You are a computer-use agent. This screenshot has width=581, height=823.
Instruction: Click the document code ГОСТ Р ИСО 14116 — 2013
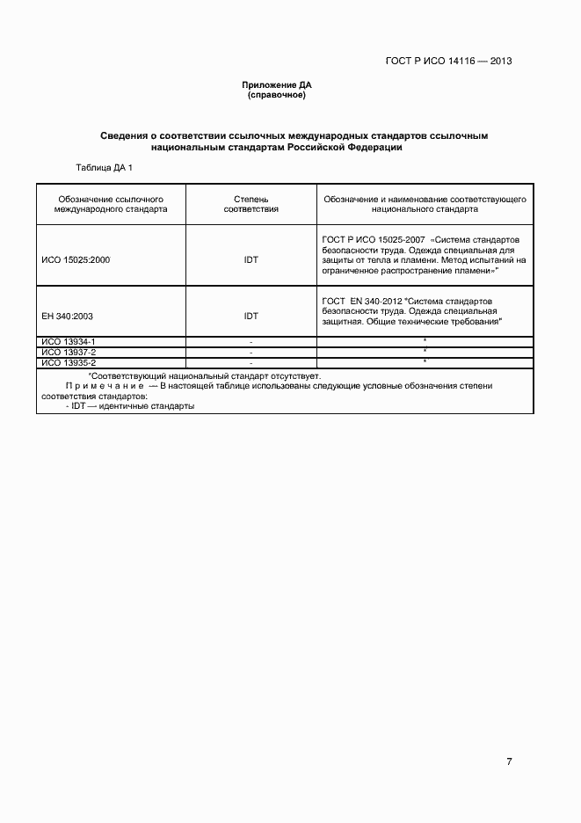tap(448, 62)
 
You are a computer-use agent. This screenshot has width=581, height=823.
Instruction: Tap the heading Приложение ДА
tap(277, 85)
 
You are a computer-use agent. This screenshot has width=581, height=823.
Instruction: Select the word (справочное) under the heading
tap(277, 95)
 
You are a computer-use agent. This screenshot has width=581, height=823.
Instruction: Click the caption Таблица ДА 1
tap(105, 167)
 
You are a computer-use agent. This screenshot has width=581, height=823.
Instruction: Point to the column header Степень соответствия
tap(251, 205)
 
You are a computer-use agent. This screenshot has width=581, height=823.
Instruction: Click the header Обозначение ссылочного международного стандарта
tap(110, 205)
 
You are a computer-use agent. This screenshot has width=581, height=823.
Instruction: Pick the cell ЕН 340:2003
tap(67, 316)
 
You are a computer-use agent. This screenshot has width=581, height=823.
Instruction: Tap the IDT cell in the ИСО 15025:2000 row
tap(251, 260)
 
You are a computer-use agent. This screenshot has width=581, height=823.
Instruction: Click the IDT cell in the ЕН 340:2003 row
tap(251, 316)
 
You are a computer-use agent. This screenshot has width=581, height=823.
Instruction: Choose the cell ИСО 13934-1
tap(69, 340)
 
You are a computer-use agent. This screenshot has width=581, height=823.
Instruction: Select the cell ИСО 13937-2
tap(69, 352)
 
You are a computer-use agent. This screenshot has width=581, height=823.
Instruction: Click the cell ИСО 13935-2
tap(69, 362)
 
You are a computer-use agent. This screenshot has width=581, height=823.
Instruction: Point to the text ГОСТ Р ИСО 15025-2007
tap(374, 239)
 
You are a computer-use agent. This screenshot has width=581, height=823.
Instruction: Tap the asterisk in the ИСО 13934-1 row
tap(425, 340)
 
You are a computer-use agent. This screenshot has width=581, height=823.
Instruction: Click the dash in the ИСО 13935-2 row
tap(251, 362)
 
